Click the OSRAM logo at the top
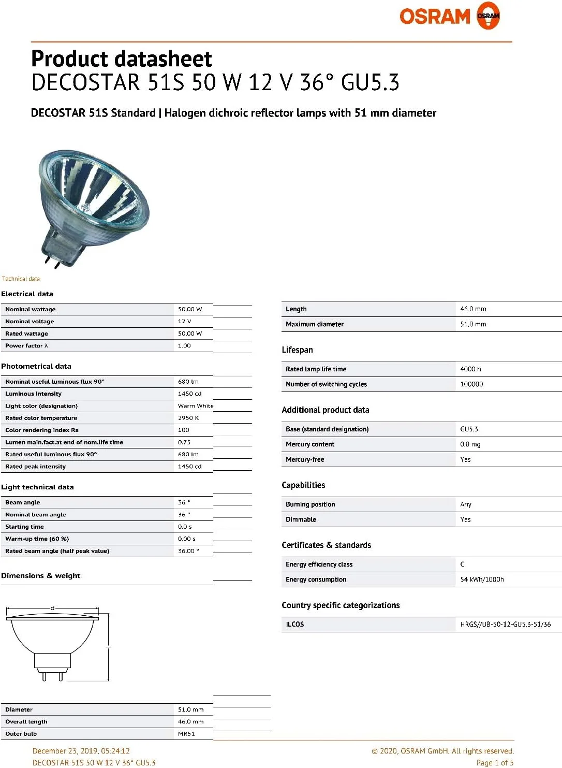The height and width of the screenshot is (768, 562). pos(449,16)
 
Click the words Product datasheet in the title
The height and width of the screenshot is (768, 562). pos(122,59)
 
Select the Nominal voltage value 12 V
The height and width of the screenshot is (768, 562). pos(185,322)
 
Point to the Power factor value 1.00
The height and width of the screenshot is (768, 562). pos(184,346)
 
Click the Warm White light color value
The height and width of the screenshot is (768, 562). pos(195,406)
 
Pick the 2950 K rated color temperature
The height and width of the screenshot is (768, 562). pos(188,418)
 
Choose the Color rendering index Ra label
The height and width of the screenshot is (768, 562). pos(42,430)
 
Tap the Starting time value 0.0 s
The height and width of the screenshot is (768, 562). pos(185,527)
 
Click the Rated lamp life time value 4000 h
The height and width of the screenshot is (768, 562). pos(470,369)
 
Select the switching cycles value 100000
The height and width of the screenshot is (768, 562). pos(471,384)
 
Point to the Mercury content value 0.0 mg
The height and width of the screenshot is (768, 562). pos(470,444)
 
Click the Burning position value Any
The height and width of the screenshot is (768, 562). pos(466,504)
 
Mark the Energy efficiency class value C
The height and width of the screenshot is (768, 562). pos(462,564)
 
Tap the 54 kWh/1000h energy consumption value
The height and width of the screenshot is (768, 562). pos(482,579)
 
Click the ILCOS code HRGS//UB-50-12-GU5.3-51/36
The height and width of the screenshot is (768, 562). pos(505,625)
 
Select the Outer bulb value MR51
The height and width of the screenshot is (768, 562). pos(186,734)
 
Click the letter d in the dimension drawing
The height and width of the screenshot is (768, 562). pos(52,608)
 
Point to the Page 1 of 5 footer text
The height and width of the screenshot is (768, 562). pos(495,762)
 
